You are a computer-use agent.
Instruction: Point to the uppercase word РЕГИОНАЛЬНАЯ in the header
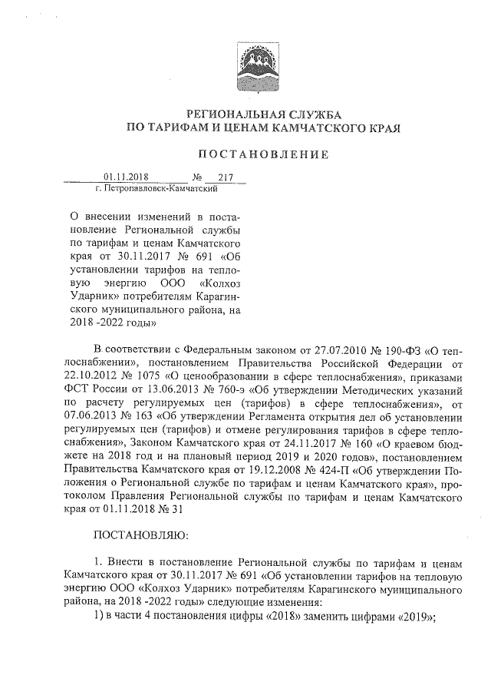click(230, 113)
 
